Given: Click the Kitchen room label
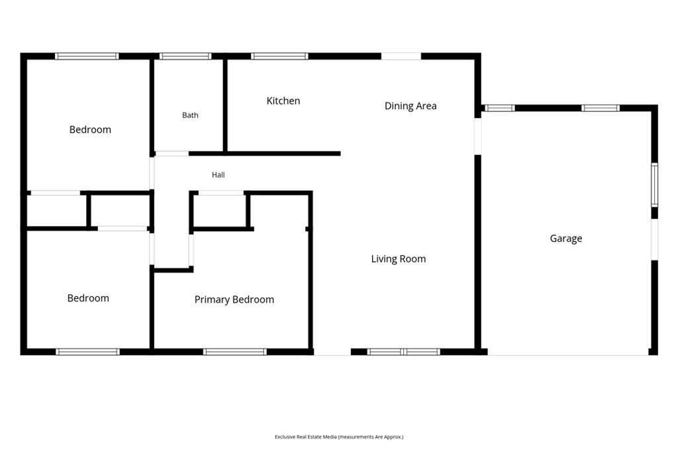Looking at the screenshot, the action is point(283,101).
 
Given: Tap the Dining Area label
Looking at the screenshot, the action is point(411,106).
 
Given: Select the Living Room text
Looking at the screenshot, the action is point(398,259).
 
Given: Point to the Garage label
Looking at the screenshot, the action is point(565,239).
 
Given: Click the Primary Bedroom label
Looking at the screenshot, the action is point(234,300).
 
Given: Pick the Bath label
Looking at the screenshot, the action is point(190,115).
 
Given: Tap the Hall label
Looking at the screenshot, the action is point(218,175).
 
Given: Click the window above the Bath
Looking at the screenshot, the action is point(185,56).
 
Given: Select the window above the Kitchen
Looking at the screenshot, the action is point(279,56).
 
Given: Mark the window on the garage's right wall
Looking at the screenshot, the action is point(655,185).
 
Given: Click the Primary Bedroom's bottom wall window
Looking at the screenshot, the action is point(235,352).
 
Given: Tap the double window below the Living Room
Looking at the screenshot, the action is point(403,352).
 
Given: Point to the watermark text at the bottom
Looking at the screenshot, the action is point(339,437).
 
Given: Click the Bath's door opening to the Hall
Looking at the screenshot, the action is point(172,154).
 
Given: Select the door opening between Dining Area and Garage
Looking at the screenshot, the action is point(478,137).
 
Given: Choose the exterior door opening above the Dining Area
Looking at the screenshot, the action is point(401,56).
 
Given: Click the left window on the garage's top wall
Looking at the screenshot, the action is point(499,108).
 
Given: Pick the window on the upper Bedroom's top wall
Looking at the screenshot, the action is point(87,56).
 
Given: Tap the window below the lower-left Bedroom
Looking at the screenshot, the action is point(88,352).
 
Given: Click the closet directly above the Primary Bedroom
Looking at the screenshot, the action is point(220,210).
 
